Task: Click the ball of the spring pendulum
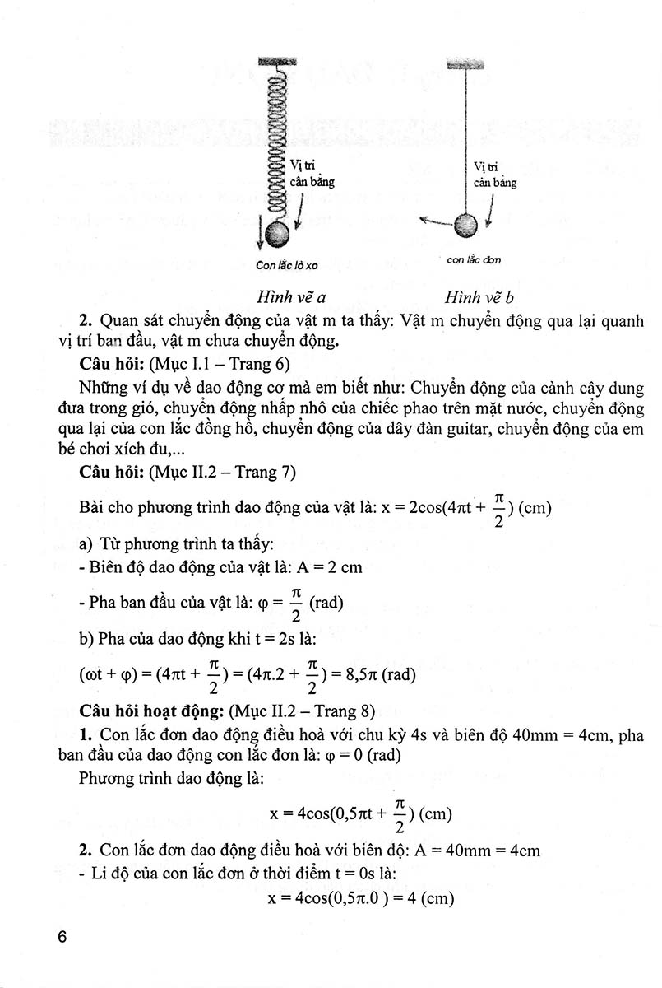278,234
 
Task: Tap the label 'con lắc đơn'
474,260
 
